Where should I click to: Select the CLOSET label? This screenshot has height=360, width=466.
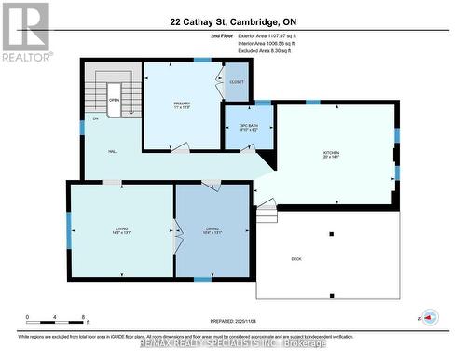[237, 83]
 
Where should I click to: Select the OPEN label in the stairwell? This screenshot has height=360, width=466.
[114, 98]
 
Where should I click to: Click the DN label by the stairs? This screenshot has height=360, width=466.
[95, 119]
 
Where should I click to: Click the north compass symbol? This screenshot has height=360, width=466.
[428, 316]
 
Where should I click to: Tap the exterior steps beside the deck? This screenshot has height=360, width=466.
[267, 215]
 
